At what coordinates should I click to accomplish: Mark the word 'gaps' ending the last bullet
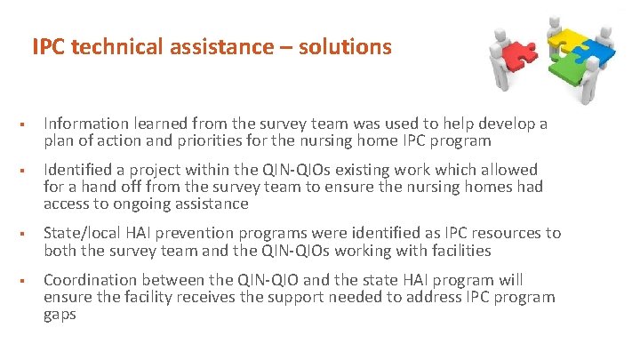pyautogui.click(x=60, y=314)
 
